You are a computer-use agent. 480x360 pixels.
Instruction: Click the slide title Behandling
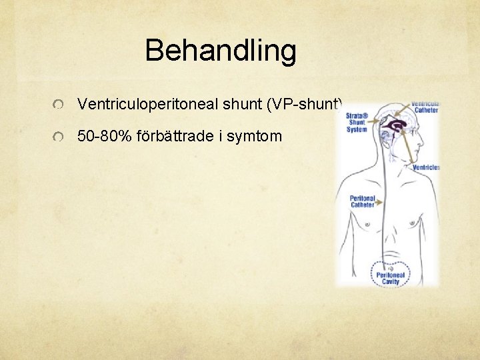point(220,51)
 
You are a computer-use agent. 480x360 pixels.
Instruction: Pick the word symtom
point(255,137)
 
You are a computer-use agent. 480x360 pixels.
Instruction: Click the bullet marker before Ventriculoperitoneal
point(60,105)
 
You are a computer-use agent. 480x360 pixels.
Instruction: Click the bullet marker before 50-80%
point(60,137)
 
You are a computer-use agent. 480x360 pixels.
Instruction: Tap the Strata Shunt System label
point(357,122)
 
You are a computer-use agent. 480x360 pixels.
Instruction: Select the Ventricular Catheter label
point(425,107)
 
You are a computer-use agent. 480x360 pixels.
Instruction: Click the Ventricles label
point(426,167)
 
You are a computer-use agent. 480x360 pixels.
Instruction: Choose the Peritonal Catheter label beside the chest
point(363,201)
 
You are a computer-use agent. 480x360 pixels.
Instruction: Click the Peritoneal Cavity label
point(390,278)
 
